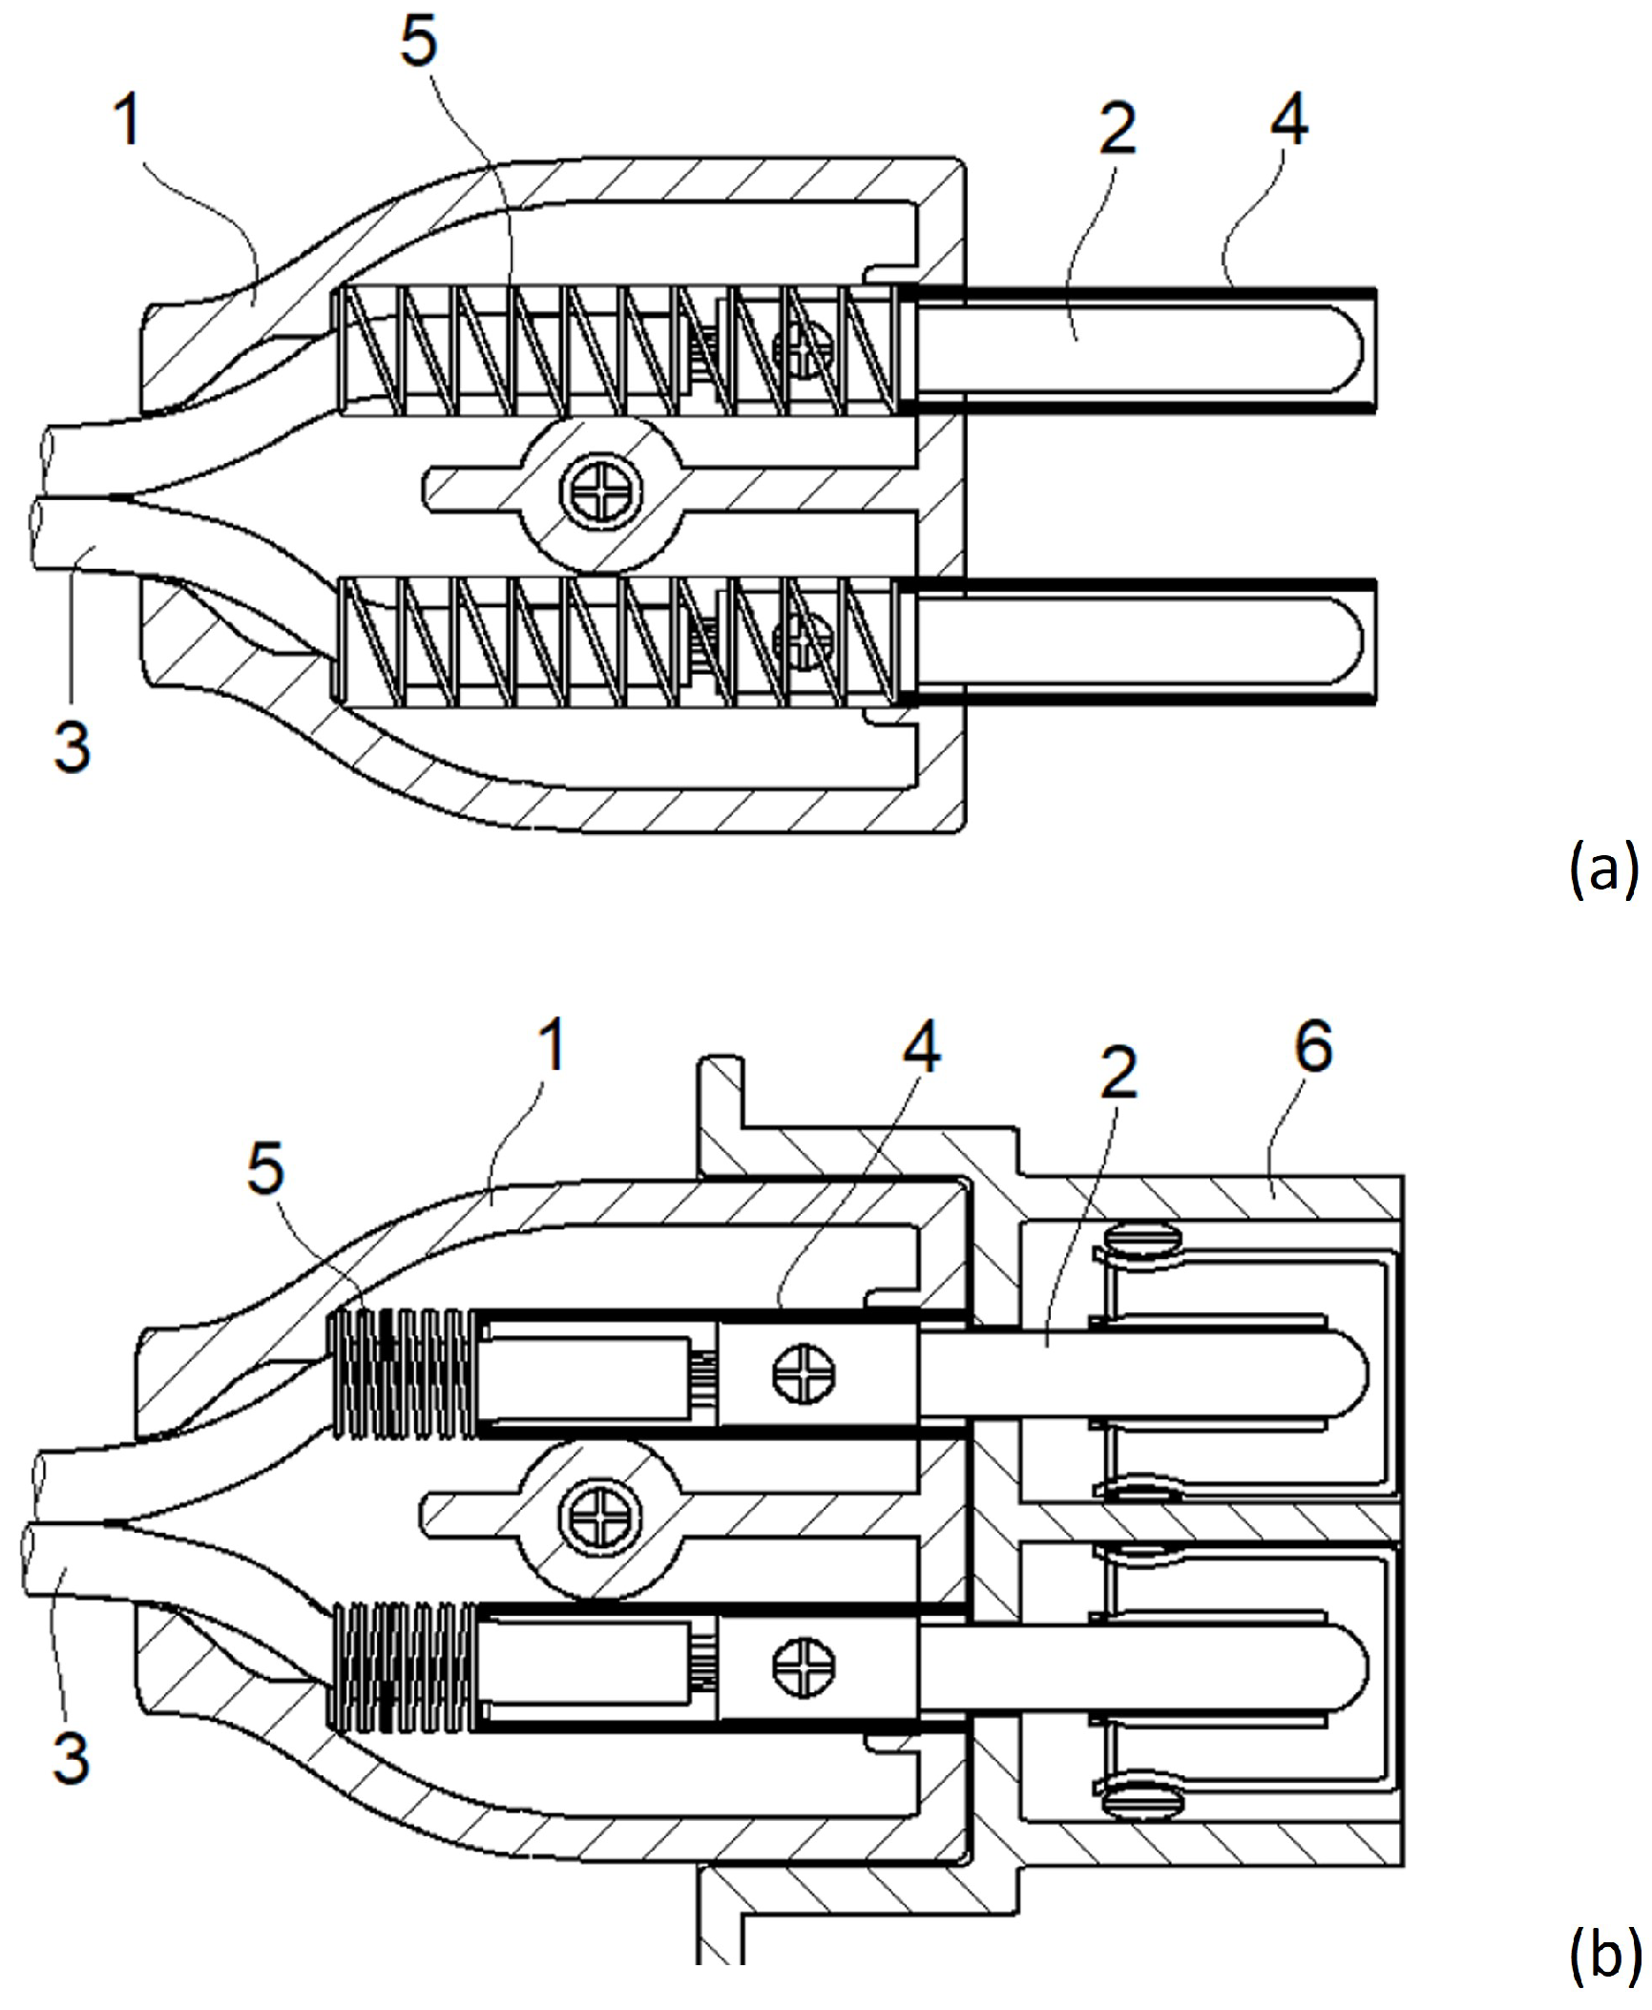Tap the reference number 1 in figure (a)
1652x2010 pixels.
(127, 121)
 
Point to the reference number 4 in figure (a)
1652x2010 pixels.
(1287, 116)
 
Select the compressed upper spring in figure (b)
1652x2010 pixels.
(401, 1374)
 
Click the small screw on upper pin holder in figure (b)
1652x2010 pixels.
(805, 1374)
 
